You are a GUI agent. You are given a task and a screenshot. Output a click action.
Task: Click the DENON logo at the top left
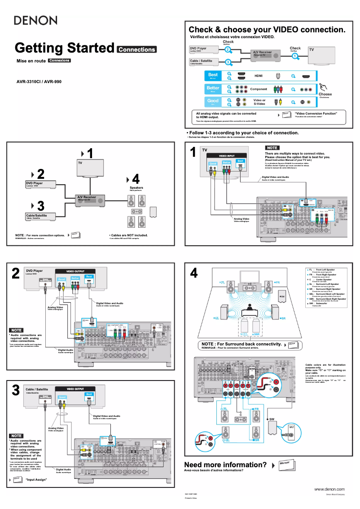pos(36,20)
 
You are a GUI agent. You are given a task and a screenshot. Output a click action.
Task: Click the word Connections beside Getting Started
pos(136,49)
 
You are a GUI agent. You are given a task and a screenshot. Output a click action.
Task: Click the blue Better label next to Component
pos(213,89)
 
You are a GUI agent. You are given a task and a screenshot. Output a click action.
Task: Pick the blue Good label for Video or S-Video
pos(213,102)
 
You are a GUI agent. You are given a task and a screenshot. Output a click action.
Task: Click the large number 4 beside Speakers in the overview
pos(136,178)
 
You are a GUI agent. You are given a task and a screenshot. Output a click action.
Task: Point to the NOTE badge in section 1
pos(272,148)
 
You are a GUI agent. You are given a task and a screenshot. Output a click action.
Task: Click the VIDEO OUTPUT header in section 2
pos(75,271)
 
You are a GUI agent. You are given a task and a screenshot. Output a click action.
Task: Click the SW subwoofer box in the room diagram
pos(282,296)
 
